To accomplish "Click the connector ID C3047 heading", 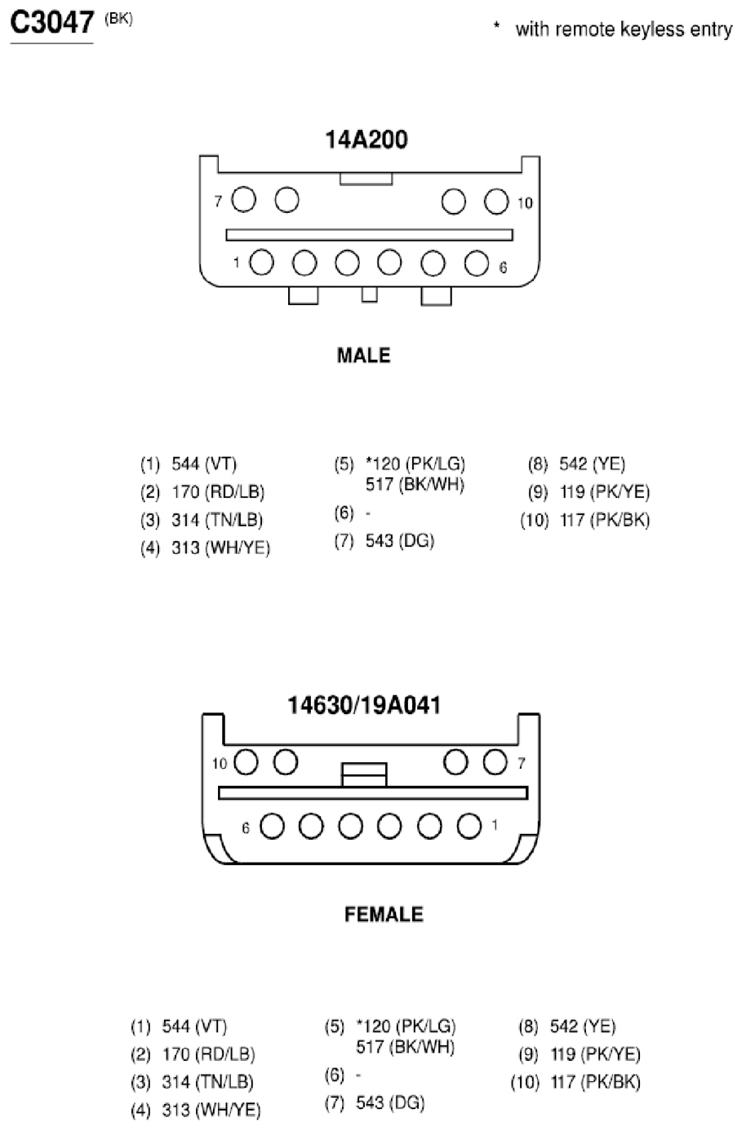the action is (52, 23).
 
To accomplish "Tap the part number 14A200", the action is (366, 140).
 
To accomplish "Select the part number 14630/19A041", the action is (364, 705).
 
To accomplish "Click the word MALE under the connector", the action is (364, 356).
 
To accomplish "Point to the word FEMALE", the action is (384, 915).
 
